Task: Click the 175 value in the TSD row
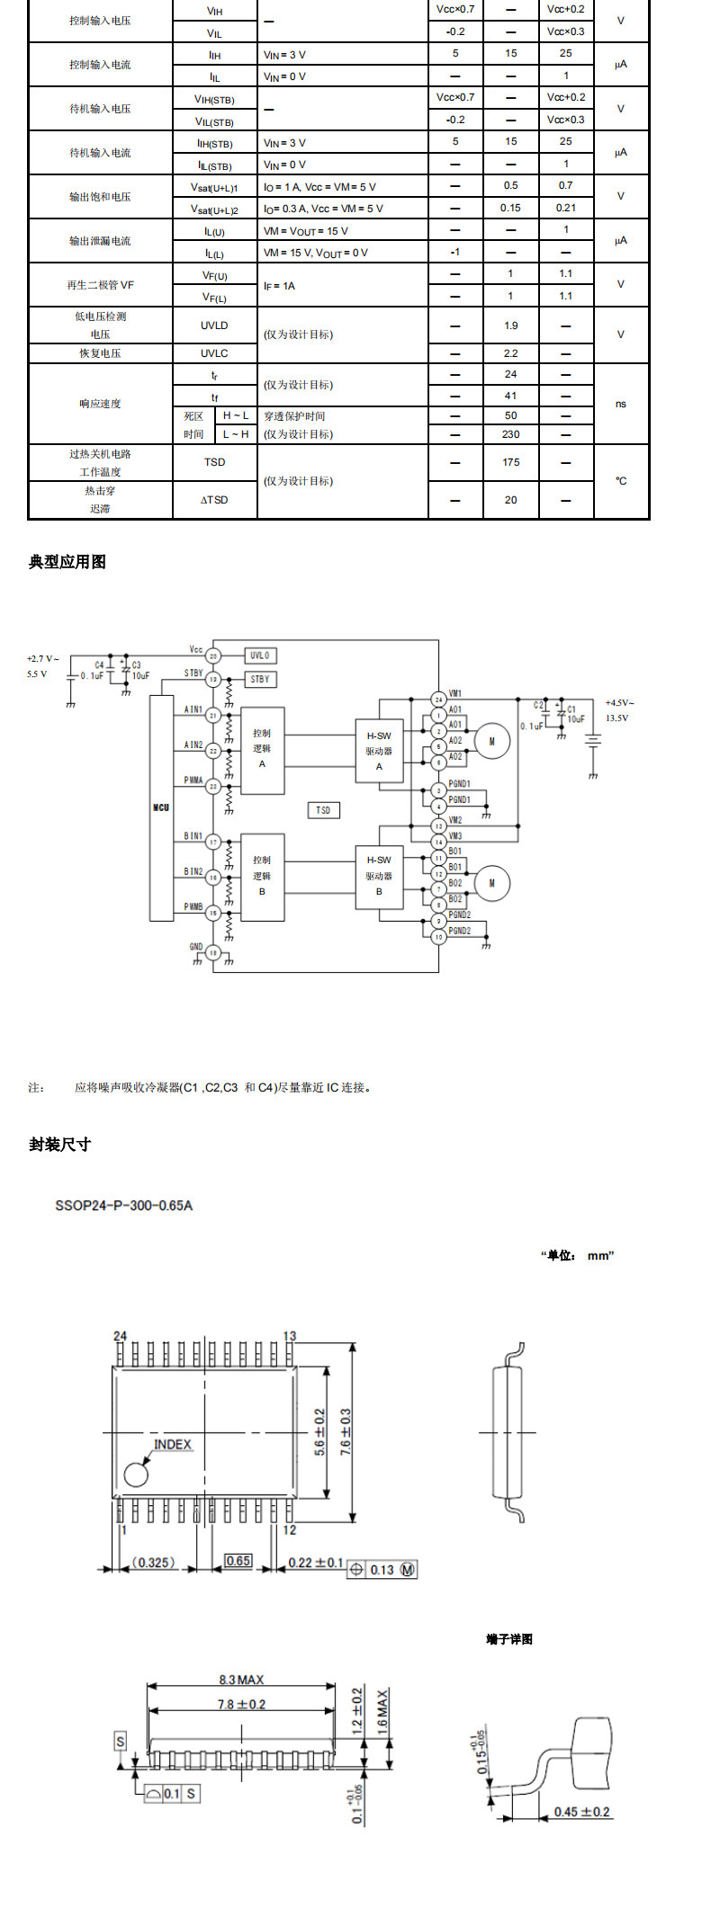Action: coord(510,462)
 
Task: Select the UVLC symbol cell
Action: coord(214,353)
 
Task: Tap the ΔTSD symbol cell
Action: coord(214,500)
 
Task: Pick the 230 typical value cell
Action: coord(510,434)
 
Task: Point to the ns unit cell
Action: coord(621,404)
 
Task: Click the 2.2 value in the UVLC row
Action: coord(510,353)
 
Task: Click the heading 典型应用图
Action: coord(67,562)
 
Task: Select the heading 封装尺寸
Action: coord(59,1145)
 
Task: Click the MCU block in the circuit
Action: coord(161,807)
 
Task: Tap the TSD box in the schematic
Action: coord(323,810)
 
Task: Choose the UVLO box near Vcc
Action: coord(260,655)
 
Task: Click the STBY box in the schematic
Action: coord(260,679)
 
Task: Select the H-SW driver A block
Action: coord(379,751)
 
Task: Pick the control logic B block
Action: coord(263,876)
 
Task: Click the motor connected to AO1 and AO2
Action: coord(491,742)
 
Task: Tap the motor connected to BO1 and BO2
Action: coord(491,883)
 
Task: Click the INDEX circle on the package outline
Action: coord(136,1475)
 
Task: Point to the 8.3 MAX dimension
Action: coord(241,1680)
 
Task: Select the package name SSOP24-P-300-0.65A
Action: coord(124,1205)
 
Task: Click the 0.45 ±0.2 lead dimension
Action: coord(581,1812)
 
